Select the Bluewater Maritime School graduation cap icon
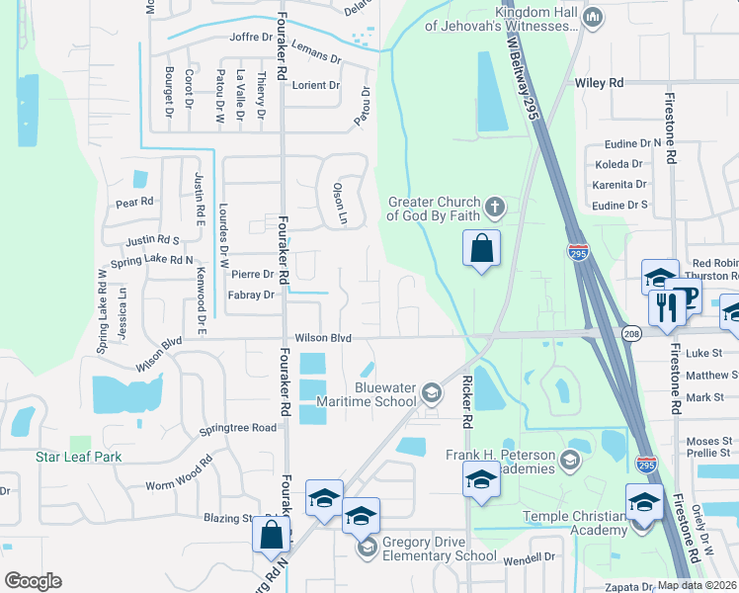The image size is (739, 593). [431, 393]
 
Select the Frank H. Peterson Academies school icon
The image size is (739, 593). [569, 460]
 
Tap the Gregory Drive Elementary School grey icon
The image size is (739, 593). [366, 547]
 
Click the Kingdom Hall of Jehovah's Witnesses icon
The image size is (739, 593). [593, 17]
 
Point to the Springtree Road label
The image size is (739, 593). [238, 428]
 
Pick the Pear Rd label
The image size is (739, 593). [134, 202]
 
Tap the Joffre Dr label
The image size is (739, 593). [250, 38]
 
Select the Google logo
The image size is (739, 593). [33, 580]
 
